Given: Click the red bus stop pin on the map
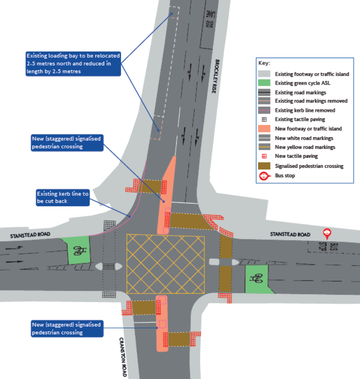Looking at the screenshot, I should [328, 233].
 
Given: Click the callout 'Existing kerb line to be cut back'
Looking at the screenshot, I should [63, 197].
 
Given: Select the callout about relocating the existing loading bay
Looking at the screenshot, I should [72, 63].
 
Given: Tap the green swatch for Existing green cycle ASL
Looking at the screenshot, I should [265, 83].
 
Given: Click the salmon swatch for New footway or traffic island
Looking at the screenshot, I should [265, 129].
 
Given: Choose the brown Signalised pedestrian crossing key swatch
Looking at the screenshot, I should [265, 166].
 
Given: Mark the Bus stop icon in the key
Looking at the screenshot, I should [265, 175].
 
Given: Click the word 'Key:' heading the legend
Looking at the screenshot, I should [264, 63].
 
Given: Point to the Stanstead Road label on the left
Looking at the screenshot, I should [30, 235].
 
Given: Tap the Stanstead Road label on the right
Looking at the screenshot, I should [290, 235].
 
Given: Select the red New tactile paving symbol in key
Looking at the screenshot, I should [265, 156].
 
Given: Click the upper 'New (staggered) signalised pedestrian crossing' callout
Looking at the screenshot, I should [67, 142].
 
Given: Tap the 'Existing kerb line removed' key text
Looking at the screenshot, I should [305, 110].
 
